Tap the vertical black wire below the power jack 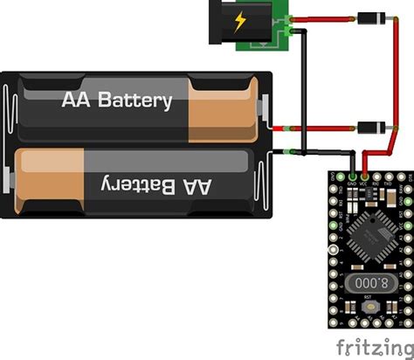coord(303,96)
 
